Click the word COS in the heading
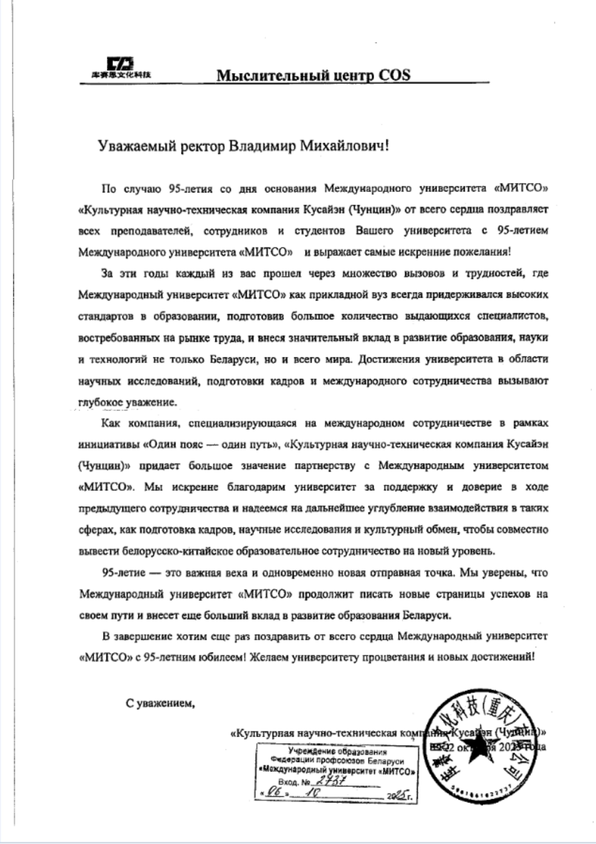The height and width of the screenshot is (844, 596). click(x=394, y=75)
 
